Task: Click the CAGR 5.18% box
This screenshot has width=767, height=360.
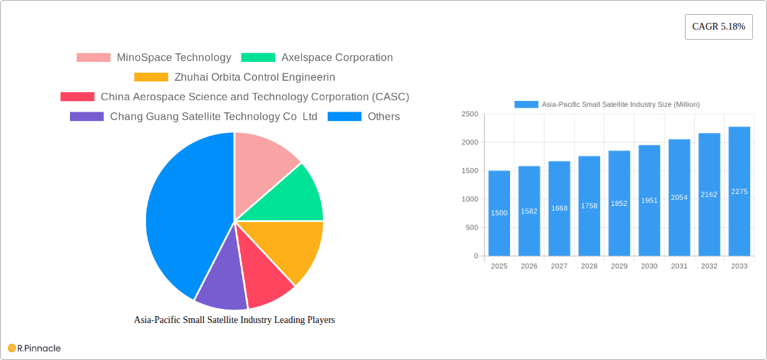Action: (x=719, y=27)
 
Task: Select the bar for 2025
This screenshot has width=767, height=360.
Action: (x=499, y=213)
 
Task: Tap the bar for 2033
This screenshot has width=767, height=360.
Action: (x=739, y=191)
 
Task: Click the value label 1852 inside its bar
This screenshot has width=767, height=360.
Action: (x=619, y=203)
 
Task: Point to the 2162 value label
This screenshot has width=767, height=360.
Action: (x=709, y=194)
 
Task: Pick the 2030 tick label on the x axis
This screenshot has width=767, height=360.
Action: (x=649, y=266)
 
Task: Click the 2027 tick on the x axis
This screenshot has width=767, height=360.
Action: (x=559, y=266)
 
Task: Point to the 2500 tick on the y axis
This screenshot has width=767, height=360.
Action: (x=470, y=114)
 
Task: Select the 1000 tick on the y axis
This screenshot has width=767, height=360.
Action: (x=470, y=199)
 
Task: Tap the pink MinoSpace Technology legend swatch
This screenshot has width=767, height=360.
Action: (x=93, y=58)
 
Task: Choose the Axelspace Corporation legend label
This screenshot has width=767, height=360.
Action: (x=336, y=58)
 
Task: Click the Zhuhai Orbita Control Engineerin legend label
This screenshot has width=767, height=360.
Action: (x=254, y=77)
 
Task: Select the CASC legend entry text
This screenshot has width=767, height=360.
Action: (x=254, y=97)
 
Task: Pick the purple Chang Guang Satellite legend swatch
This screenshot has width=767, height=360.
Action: (x=87, y=116)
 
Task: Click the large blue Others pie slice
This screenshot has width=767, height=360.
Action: (x=182, y=215)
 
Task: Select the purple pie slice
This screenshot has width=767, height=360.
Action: (x=220, y=283)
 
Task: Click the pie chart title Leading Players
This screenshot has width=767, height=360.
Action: (x=234, y=320)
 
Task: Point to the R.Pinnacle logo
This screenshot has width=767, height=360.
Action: (x=34, y=348)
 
